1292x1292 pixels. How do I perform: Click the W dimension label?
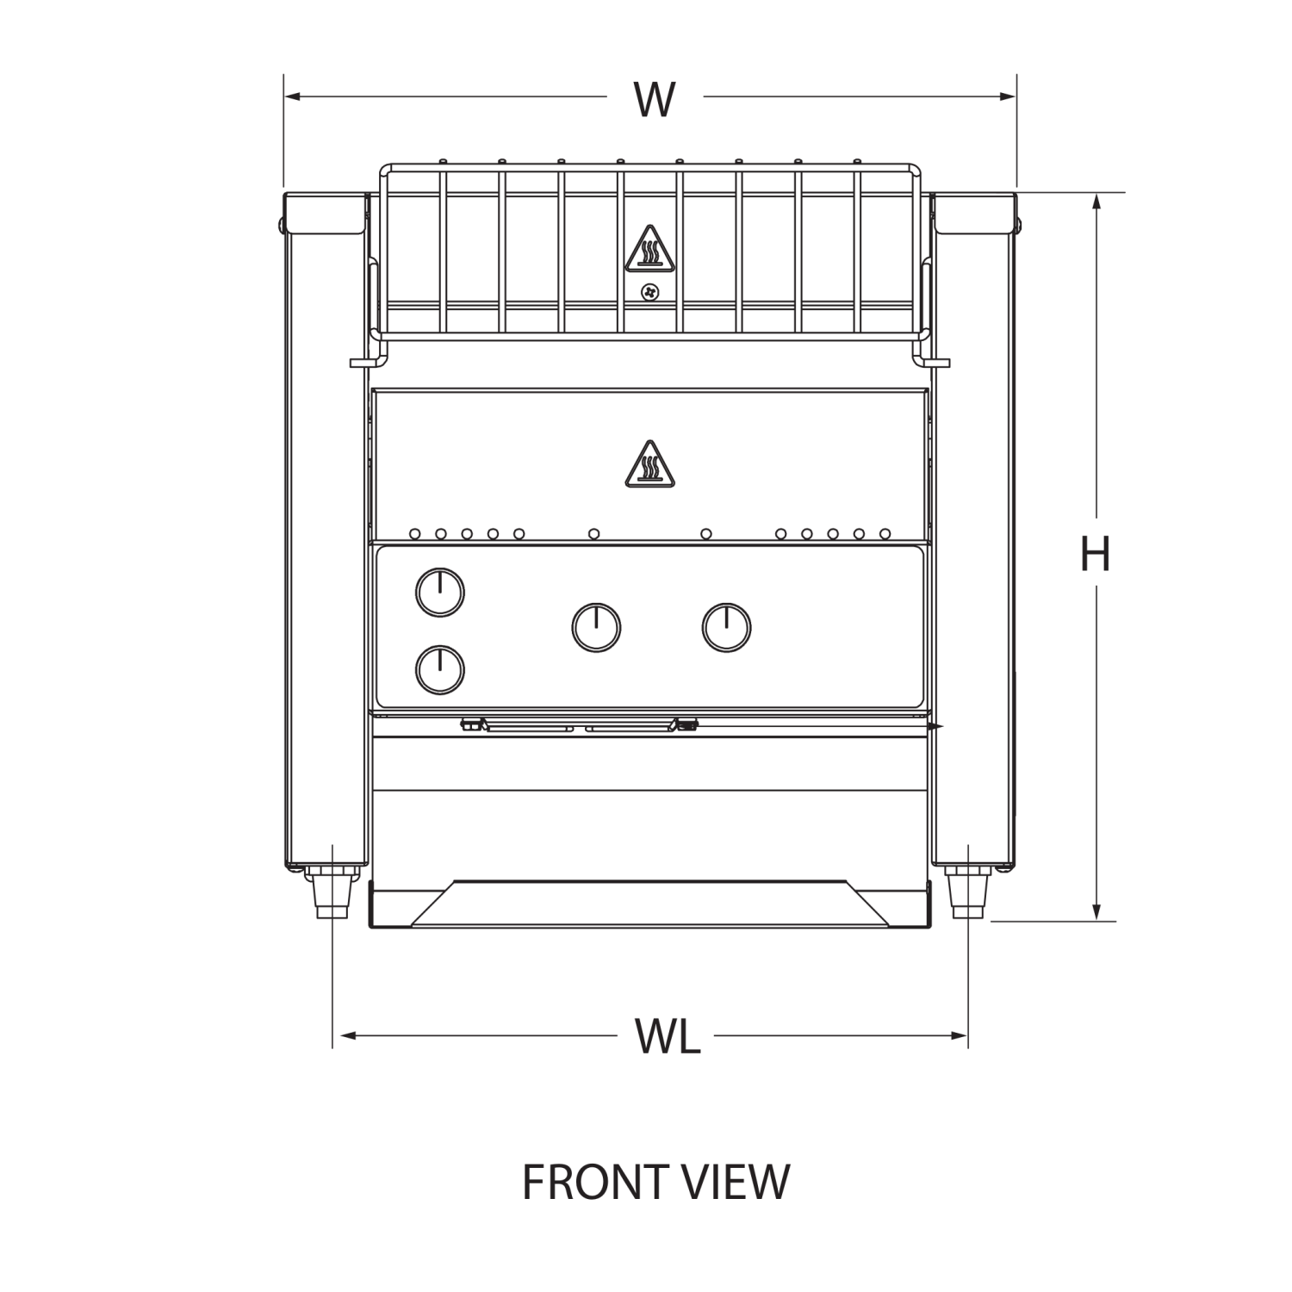tap(655, 96)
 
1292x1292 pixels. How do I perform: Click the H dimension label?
tap(1093, 552)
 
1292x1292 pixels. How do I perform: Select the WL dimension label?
tap(665, 1034)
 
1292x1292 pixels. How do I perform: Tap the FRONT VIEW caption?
tap(655, 1182)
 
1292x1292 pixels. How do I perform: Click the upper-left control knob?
tap(439, 593)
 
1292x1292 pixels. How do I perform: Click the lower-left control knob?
tap(439, 670)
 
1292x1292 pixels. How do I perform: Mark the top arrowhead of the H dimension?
tap(1096, 200)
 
